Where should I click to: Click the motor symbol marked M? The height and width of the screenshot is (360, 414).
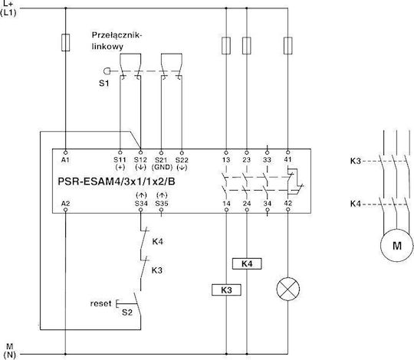coord(397,245)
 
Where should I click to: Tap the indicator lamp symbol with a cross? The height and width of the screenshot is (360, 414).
coord(287,289)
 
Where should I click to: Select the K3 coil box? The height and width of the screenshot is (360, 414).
coord(226,290)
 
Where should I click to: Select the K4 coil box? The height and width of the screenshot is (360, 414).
coord(247,263)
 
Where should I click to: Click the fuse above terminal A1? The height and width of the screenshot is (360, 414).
coord(65,42)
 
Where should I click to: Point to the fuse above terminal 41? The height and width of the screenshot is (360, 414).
coord(287,46)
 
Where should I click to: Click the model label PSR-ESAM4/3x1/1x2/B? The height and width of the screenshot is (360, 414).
coord(117,182)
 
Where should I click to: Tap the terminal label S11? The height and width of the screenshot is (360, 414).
coord(120,159)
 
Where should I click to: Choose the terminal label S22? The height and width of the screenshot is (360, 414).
coord(182,159)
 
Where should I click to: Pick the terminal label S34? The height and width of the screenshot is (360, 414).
coord(141,204)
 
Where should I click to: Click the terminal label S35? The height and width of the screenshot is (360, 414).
coord(162,204)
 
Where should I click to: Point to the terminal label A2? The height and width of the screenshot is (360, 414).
coord(65,204)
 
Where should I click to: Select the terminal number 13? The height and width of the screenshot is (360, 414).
coord(226,159)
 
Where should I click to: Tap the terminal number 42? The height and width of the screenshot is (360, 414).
coord(287,203)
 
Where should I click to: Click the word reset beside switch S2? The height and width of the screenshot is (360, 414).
coord(100,303)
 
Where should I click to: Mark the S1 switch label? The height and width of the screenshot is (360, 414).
coord(103,83)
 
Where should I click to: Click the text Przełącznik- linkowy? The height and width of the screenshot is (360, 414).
coord(117,41)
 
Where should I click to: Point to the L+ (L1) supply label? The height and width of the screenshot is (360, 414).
coord(8,8)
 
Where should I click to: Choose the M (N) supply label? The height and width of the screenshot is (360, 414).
coord(10,350)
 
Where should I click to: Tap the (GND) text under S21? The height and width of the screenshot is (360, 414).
coord(162,167)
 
